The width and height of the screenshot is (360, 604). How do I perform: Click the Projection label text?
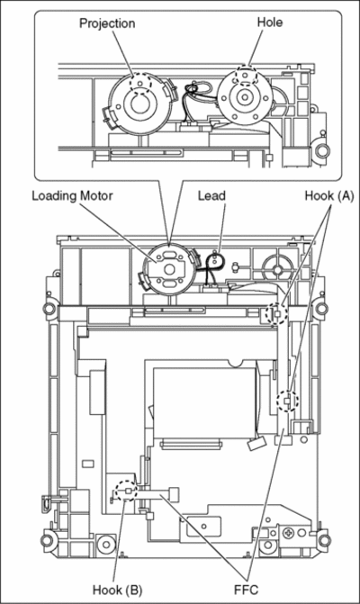click(x=107, y=23)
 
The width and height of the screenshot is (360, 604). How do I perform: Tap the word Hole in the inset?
click(x=269, y=22)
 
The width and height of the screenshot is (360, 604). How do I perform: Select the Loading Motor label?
click(x=72, y=195)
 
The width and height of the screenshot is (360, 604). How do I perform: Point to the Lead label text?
click(x=211, y=195)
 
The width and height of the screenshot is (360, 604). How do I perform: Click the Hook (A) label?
click(x=329, y=196)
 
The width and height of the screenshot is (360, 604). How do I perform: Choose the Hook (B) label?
click(x=117, y=590)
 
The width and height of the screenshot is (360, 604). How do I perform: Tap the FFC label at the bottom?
click(x=246, y=590)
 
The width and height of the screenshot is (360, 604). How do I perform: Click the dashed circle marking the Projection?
click(x=141, y=83)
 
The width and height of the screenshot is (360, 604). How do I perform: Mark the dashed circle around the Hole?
click(x=246, y=75)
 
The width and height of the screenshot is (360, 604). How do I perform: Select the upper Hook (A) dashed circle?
click(x=277, y=312)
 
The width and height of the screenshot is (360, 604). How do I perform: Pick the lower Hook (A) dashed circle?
click(x=288, y=401)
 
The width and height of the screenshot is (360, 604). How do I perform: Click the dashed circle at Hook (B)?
click(x=127, y=491)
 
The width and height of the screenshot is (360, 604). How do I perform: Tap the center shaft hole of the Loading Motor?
click(x=169, y=269)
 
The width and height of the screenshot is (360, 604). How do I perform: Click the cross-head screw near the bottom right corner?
click(x=288, y=533)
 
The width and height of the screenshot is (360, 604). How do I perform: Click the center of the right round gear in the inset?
click(x=244, y=98)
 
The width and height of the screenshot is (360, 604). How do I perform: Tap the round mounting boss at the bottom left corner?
click(x=48, y=540)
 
